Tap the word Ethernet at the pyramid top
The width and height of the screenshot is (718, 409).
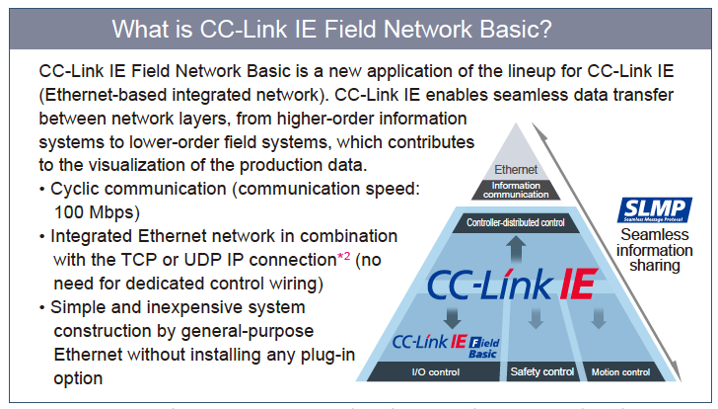(516, 169)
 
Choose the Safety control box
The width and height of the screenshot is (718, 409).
(541, 372)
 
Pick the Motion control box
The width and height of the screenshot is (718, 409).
(620, 372)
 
